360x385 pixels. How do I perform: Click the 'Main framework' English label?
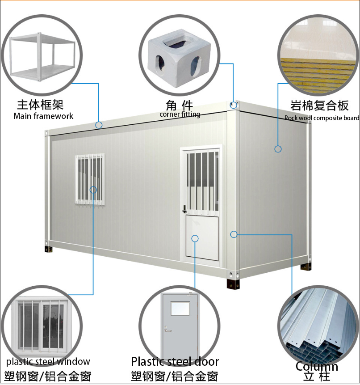[43, 116]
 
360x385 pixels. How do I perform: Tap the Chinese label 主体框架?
[41, 105]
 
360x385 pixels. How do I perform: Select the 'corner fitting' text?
[180, 114]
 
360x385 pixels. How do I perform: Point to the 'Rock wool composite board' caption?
[322, 118]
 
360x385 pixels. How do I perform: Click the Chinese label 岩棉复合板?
[319, 106]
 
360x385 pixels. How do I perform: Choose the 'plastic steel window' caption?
[48, 361]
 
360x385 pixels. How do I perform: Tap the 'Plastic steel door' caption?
[175, 361]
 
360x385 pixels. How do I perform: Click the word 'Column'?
[317, 366]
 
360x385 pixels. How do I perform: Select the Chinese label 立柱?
[317, 377]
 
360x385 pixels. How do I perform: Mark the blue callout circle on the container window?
[93, 190]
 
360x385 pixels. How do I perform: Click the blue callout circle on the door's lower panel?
[195, 238]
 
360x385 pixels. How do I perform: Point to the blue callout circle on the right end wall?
[278, 149]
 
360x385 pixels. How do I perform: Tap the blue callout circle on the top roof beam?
[99, 125]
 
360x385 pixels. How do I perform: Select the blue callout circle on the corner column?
[234, 234]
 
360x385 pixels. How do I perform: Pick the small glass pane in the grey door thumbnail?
[180, 309]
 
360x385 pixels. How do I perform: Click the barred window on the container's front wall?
[90, 179]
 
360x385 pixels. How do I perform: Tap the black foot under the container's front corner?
[233, 283]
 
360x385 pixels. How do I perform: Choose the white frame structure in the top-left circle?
[42, 57]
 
